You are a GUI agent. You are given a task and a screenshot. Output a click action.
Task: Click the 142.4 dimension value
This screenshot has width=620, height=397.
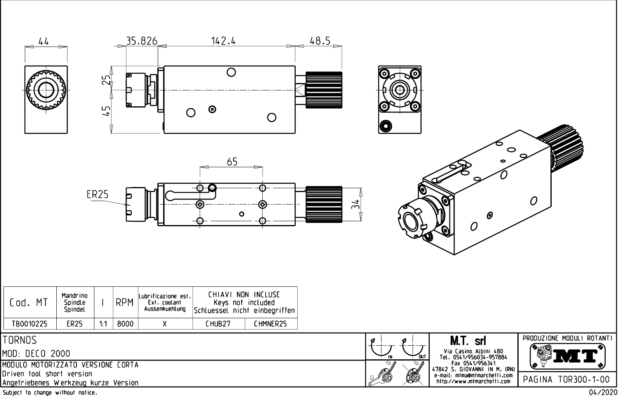point(223,40)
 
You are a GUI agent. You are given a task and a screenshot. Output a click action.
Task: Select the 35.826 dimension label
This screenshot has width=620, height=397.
point(142,40)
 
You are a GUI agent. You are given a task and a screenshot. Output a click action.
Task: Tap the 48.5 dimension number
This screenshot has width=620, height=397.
point(320,40)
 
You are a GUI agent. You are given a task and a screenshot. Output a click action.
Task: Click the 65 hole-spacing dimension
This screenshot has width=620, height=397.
point(232,162)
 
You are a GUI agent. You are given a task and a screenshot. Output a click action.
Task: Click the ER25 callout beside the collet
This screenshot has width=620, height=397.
point(98,194)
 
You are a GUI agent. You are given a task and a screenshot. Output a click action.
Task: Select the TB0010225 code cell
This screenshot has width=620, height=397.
point(30,324)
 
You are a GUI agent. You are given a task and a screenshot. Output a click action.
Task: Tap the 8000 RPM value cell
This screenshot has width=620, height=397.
point(125,324)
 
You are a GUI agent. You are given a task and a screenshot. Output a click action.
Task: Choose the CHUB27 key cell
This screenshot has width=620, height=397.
point(218,324)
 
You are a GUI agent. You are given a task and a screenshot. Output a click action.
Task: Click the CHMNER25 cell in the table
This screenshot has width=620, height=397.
point(270,324)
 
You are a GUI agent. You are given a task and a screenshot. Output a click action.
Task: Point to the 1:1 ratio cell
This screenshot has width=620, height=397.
point(103,324)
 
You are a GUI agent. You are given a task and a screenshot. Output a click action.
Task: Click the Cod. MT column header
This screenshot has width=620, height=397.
point(29,303)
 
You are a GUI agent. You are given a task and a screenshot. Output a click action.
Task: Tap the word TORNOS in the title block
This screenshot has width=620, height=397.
point(20,340)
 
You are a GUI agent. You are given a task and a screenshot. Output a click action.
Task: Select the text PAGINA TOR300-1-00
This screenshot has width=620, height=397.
point(567,379)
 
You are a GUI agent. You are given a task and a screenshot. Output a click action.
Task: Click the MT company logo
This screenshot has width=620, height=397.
point(567,355)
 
